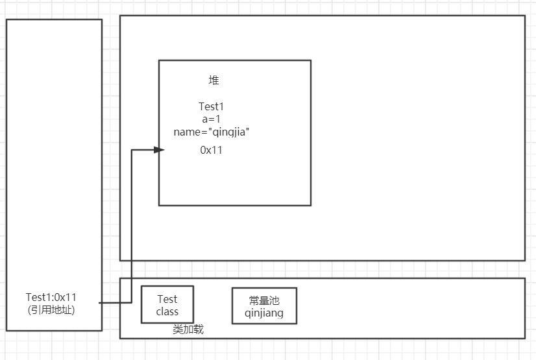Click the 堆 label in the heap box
pyautogui.click(x=213, y=80)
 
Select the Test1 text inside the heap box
pyautogui.click(x=212, y=106)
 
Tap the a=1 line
pyautogui.click(x=212, y=119)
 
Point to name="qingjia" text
pyautogui.click(x=212, y=132)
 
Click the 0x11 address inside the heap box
pyautogui.click(x=212, y=150)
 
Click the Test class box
pyautogui.click(x=167, y=304)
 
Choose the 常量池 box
pyautogui.click(x=263, y=306)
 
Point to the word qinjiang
pyautogui.click(x=263, y=313)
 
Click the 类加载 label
pyautogui.click(x=188, y=330)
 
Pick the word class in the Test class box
pyautogui.click(x=167, y=311)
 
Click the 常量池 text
pyautogui.click(x=263, y=300)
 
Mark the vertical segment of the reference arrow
pyautogui.click(x=132, y=227)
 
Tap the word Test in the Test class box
pyautogui.click(x=167, y=299)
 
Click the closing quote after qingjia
pyautogui.click(x=248, y=130)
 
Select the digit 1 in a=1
pyautogui.click(x=219, y=119)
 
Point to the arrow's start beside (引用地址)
pyautogui.click(x=100, y=303)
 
